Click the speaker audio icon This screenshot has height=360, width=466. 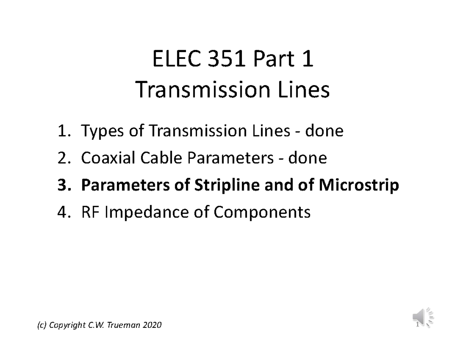(423, 317)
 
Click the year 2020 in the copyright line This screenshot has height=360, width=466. (151, 325)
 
